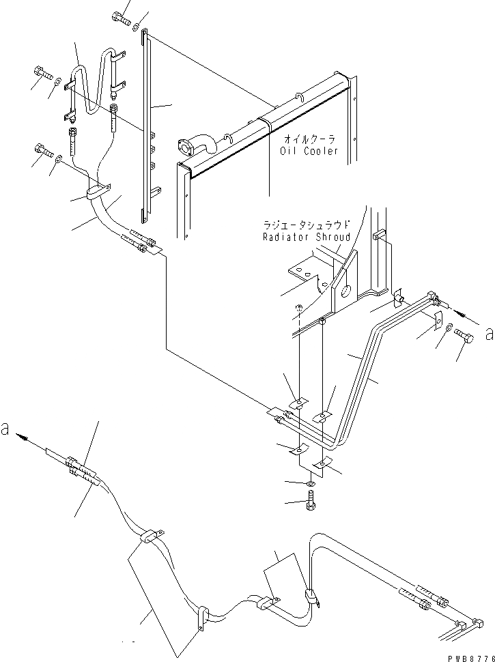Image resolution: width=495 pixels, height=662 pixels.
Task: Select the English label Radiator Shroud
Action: [306, 237]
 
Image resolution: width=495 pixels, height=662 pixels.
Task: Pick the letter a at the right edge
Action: [487, 334]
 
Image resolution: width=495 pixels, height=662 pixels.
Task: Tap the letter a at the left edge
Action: [7, 431]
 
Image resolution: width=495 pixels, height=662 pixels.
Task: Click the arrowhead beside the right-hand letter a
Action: [461, 315]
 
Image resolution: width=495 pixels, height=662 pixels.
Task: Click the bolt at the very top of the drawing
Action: [122, 18]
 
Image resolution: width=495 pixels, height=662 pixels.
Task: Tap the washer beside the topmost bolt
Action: [138, 27]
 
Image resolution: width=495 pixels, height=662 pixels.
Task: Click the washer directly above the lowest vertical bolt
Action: [309, 484]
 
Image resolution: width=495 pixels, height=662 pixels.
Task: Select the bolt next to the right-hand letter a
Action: [464, 337]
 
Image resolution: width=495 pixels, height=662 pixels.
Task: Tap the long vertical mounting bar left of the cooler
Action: [145, 130]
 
